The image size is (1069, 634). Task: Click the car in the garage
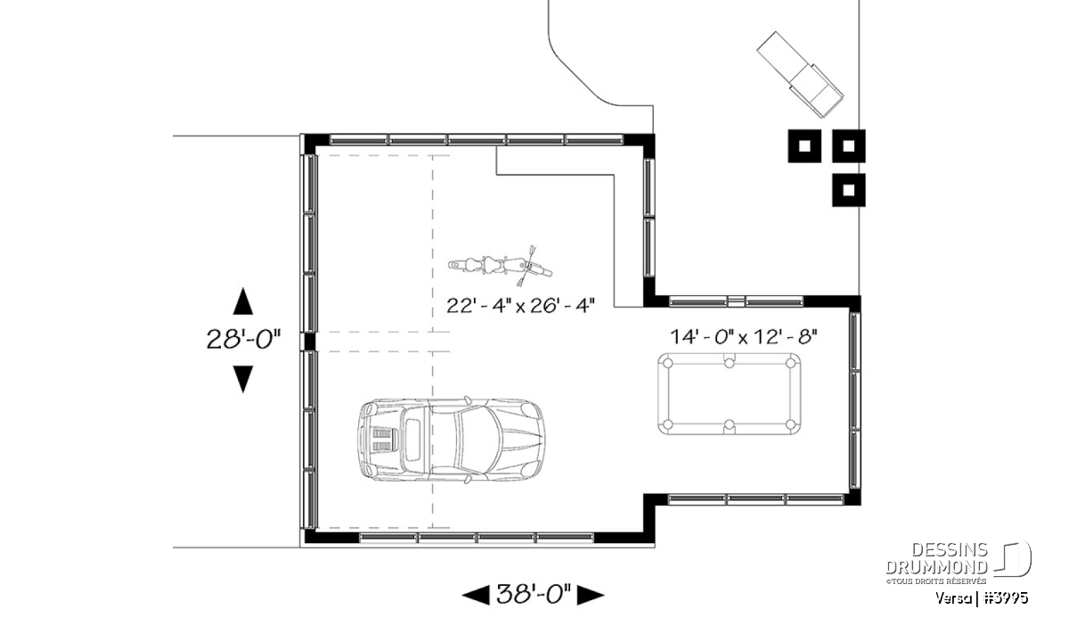[451, 439]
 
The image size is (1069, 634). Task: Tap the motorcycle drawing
[500, 266]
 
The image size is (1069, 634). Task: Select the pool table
[730, 393]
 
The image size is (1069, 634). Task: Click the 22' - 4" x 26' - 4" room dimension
[520, 306]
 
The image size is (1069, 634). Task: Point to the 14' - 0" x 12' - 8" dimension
[744, 337]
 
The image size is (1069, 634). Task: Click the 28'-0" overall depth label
[243, 340]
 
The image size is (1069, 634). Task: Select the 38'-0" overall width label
[534, 595]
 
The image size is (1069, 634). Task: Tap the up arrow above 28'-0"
[243, 301]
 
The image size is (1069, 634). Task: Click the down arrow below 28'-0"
[243, 379]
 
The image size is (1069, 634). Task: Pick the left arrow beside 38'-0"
[476, 596]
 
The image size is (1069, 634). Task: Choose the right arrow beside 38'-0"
[591, 596]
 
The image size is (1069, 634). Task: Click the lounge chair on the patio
[800, 75]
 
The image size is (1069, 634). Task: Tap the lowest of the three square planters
[848, 190]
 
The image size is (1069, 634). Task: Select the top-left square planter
[804, 145]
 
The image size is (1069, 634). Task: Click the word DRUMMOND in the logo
[936, 567]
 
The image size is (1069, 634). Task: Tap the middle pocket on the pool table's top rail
[730, 362]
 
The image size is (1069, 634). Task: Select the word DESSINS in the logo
[950, 550]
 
